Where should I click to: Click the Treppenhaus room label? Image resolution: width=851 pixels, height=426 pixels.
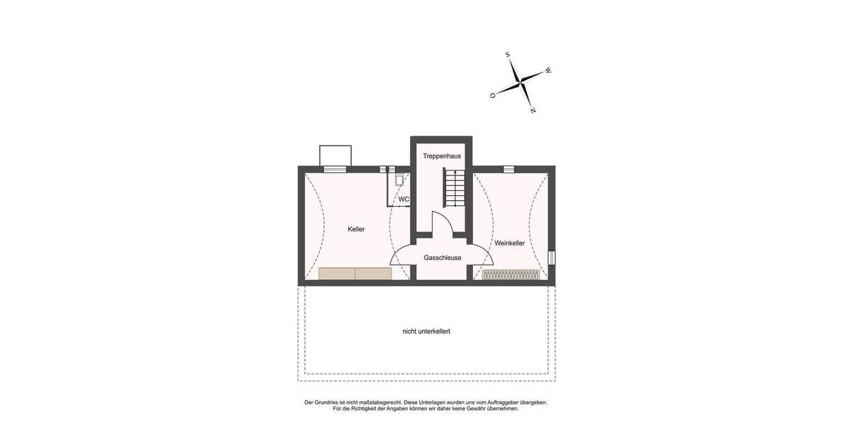(442, 155)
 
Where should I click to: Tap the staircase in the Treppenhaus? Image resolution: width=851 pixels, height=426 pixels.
(452, 187)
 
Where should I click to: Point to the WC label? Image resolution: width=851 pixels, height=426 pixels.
(404, 200)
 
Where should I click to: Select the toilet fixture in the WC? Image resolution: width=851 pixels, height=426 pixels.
(399, 180)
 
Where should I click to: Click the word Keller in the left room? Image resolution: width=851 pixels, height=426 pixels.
(356, 229)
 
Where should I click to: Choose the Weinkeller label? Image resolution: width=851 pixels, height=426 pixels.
(509, 243)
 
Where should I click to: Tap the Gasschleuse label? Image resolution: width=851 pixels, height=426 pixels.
(443, 258)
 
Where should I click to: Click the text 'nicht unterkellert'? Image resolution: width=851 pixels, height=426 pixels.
(426, 332)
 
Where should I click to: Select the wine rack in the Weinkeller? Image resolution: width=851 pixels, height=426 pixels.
(511, 275)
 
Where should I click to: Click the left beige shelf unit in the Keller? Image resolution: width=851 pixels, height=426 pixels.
(337, 273)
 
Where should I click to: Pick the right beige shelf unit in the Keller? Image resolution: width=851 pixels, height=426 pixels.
(374, 273)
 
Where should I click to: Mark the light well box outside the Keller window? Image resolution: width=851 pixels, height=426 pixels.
(335, 155)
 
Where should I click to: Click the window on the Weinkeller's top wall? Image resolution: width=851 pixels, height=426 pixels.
(508, 169)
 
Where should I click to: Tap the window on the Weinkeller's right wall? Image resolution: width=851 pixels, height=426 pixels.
(552, 258)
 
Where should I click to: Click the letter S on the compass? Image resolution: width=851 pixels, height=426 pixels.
(508, 55)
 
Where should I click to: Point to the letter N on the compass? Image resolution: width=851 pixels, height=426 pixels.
(533, 111)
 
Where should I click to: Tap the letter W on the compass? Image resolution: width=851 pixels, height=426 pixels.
(548, 71)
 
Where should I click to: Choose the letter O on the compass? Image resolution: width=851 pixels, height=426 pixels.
(492, 95)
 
